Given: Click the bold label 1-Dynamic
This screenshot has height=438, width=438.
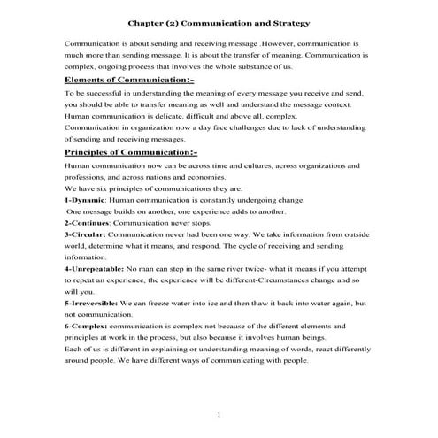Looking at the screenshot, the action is pyautogui.click(x=84, y=199).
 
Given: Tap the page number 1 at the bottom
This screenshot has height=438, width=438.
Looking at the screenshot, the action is pyautogui.click(x=219, y=414).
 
